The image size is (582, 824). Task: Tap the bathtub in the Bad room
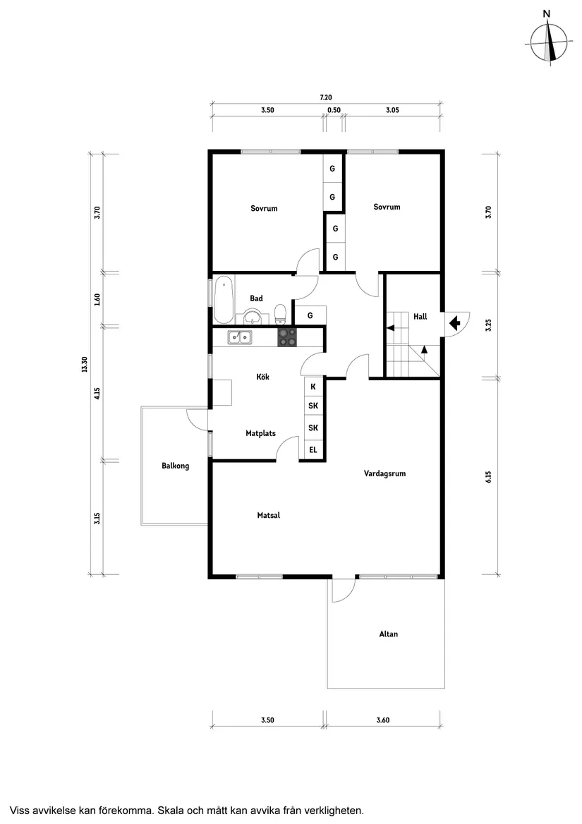click(224, 298)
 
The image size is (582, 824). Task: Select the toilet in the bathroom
click(280, 312)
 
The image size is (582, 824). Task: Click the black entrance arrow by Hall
click(454, 323)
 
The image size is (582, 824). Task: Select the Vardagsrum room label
click(384, 473)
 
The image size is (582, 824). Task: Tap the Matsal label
click(269, 515)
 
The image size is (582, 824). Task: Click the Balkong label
click(175, 466)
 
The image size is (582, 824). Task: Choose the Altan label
click(388, 634)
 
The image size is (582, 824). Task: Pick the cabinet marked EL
click(313, 449)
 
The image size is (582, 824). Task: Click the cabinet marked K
click(313, 387)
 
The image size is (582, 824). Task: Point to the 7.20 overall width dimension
click(326, 97)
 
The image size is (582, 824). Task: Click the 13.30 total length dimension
click(84, 364)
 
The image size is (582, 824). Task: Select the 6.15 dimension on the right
click(488, 477)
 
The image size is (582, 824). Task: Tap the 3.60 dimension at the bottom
click(383, 720)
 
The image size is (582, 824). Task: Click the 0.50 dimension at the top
click(334, 110)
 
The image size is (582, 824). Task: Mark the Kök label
click(262, 377)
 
